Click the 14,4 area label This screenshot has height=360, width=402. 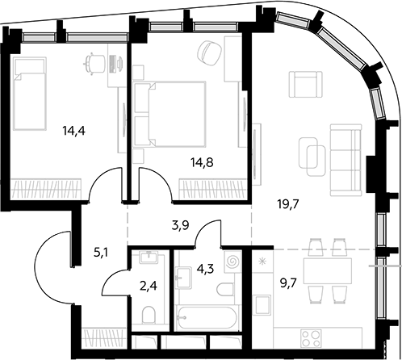(73, 131)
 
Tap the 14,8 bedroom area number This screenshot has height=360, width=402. (202, 162)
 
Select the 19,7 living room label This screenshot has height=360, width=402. (288, 205)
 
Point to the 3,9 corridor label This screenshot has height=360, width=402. (180, 225)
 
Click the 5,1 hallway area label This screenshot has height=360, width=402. (101, 253)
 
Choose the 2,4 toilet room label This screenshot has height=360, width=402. (149, 286)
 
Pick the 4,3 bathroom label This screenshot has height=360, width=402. (205, 269)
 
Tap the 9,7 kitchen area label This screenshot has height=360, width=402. (288, 283)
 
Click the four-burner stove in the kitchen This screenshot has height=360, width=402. (312, 338)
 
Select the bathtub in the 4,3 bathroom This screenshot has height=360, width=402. (207, 317)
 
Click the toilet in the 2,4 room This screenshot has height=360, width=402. (149, 314)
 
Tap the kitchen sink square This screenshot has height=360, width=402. (263, 304)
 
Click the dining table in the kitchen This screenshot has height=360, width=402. (328, 271)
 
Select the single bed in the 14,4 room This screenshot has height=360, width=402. (30, 94)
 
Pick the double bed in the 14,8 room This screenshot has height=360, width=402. (170, 115)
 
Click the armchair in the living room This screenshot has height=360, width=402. (305, 84)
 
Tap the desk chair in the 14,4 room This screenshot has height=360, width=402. (94, 63)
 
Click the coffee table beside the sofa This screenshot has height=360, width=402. (312, 157)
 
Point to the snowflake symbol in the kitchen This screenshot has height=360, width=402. (262, 261)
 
